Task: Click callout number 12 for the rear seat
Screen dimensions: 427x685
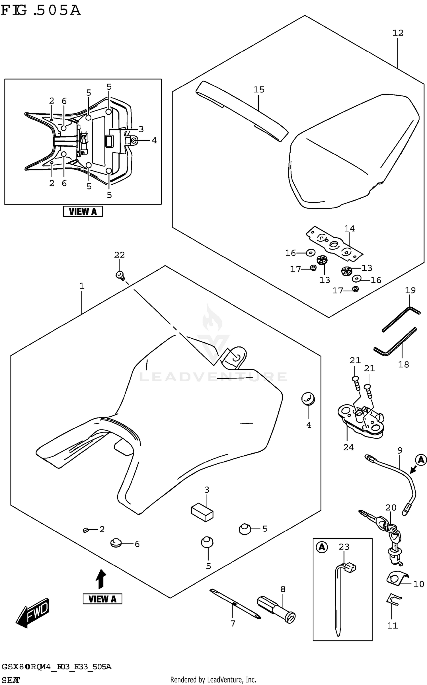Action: (x=398, y=33)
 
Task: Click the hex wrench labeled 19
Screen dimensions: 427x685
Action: (x=401, y=319)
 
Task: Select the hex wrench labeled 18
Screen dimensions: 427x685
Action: (x=395, y=342)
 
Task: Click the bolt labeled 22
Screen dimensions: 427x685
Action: (x=120, y=275)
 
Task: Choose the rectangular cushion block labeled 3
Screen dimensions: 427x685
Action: (x=202, y=512)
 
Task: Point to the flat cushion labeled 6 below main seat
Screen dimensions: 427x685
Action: (x=116, y=543)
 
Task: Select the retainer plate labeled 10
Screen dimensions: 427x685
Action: (x=397, y=578)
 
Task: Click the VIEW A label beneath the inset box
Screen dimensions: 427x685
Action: (x=83, y=211)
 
